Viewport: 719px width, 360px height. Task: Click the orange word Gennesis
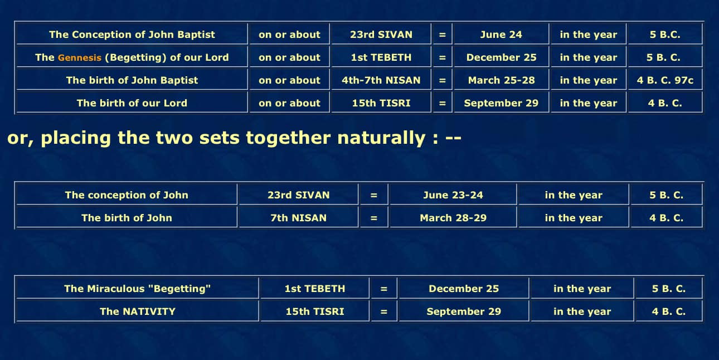tap(80, 57)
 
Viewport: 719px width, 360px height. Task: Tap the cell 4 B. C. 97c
tap(665, 80)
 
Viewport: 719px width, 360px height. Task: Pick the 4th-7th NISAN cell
tap(381, 80)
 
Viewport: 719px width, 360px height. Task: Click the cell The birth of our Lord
tap(132, 103)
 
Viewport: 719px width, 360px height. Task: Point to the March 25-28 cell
tap(501, 80)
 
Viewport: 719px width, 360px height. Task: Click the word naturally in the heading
tap(381, 138)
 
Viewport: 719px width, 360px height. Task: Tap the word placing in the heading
tap(76, 138)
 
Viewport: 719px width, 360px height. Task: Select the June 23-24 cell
tap(453, 194)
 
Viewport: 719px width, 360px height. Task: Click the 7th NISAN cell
tap(299, 217)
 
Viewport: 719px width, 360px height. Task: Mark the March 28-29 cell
tap(453, 217)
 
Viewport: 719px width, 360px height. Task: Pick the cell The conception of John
tap(127, 194)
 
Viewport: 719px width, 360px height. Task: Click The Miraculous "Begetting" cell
tap(137, 288)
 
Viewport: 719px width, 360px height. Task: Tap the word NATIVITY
tap(149, 311)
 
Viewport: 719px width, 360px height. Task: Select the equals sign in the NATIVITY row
tap(383, 311)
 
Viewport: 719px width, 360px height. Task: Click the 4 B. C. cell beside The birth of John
tap(667, 217)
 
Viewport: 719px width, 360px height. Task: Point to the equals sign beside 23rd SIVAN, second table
tap(373, 194)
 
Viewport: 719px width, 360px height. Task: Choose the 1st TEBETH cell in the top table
tap(381, 57)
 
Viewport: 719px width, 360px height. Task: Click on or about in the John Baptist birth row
tap(289, 80)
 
